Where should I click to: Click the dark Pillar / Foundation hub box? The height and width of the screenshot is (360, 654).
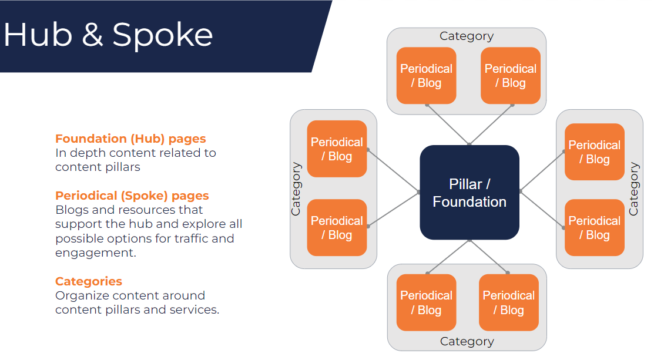[x=469, y=193]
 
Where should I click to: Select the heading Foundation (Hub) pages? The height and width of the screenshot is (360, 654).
[x=130, y=139]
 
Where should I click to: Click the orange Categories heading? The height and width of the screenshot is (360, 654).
[x=89, y=281]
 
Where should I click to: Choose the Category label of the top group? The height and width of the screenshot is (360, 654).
[x=467, y=36]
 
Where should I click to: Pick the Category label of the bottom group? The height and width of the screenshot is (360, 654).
[x=467, y=341]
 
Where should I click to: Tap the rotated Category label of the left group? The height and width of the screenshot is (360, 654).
[x=297, y=189]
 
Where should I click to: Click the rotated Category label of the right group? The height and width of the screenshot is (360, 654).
[x=633, y=189]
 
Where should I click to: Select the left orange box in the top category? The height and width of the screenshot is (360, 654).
[x=426, y=76]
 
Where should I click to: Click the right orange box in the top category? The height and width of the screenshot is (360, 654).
[x=510, y=76]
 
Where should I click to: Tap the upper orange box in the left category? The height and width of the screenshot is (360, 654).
[x=337, y=149]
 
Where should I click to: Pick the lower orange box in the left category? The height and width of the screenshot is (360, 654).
[x=337, y=228]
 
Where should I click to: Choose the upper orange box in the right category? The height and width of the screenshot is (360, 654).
[x=594, y=152]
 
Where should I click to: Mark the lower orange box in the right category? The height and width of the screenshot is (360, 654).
[x=594, y=228]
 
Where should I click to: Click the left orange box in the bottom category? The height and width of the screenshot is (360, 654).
[x=426, y=302]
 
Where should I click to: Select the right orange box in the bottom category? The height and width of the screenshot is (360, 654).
[x=508, y=302]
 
